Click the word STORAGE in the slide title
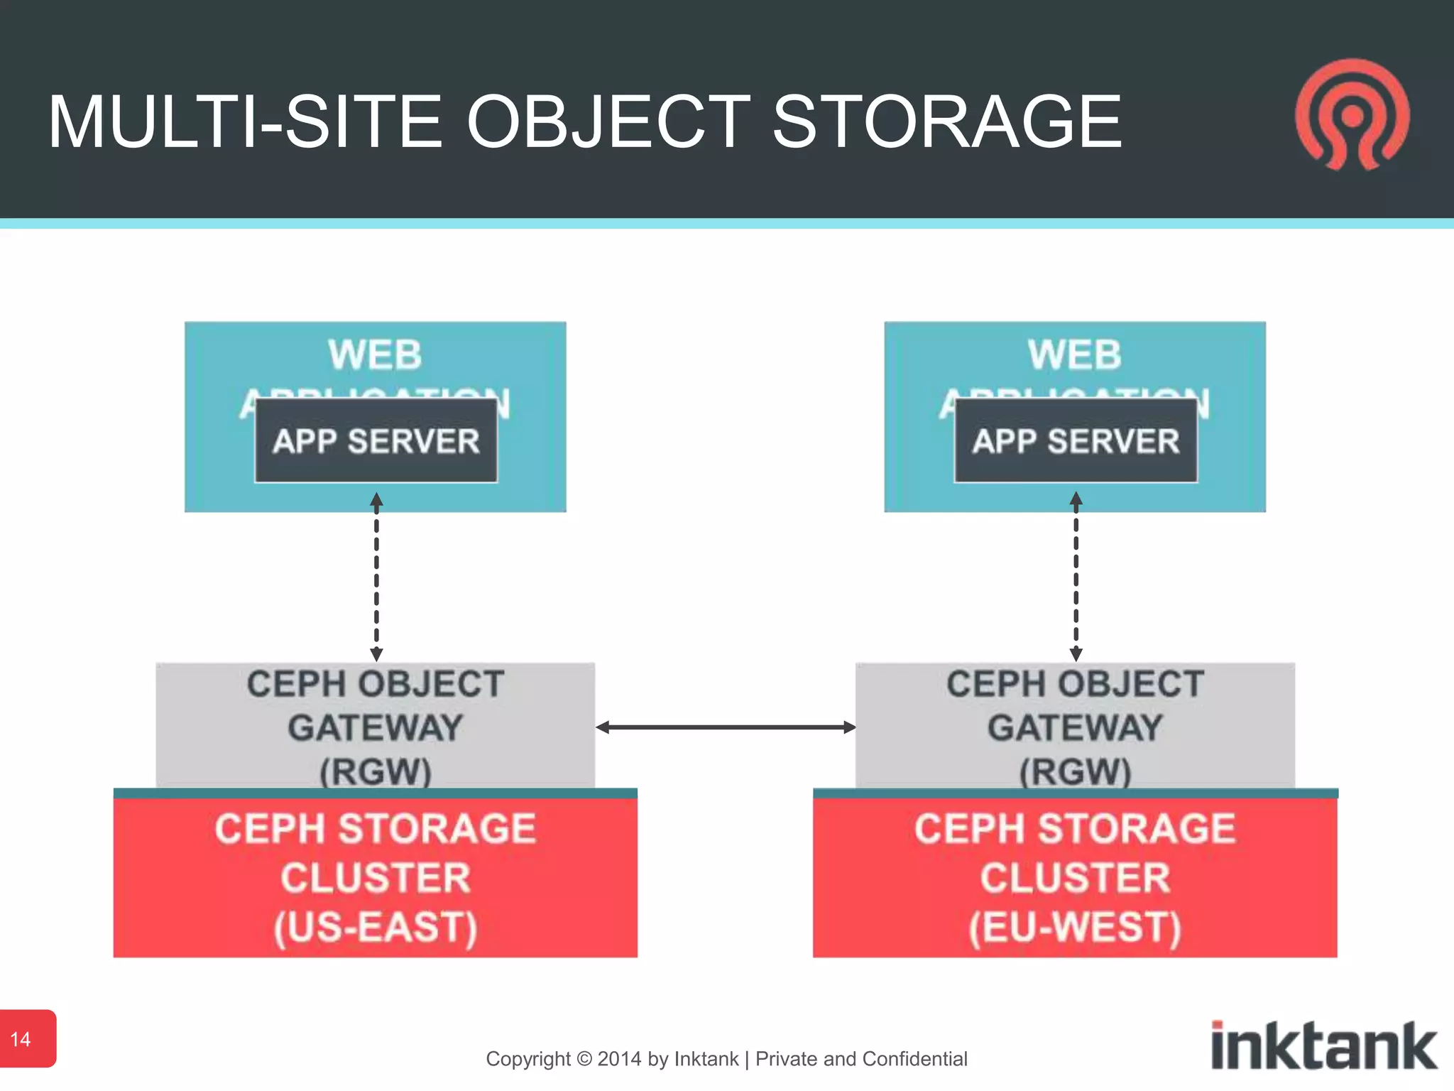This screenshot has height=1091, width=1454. click(946, 122)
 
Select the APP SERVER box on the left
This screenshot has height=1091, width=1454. click(376, 441)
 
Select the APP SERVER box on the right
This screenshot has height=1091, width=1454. click(1076, 441)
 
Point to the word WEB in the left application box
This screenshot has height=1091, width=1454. click(375, 354)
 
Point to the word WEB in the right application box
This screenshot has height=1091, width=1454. click(1074, 354)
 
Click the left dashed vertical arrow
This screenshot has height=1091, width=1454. click(376, 577)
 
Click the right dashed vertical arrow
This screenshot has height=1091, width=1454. click(1076, 577)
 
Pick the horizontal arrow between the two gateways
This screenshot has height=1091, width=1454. click(726, 727)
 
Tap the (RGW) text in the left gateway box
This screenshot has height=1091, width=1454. click(376, 771)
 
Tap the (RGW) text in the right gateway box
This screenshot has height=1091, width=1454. click(1075, 771)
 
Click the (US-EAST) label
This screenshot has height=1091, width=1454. click(376, 927)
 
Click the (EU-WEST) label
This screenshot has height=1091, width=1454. click(1075, 927)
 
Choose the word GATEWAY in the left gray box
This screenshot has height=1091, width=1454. click(376, 728)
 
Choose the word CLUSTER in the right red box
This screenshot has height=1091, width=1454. click(1075, 878)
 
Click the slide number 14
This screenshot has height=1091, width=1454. click(21, 1039)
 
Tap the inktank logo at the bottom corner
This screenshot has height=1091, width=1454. click(1323, 1046)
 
